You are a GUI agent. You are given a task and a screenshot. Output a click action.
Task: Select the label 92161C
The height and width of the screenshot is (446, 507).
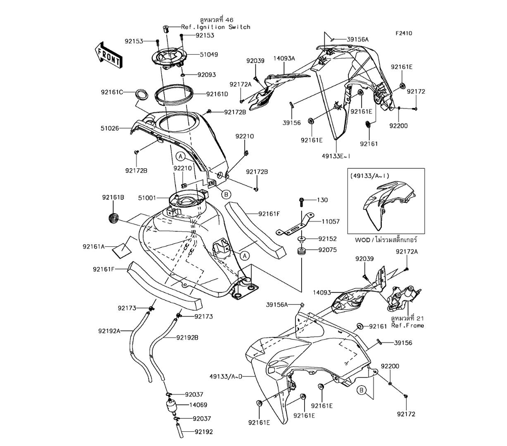pyautogui.click(x=112, y=92)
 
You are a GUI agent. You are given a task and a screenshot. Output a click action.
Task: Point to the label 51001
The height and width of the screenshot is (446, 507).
pyautogui.click(x=151, y=198)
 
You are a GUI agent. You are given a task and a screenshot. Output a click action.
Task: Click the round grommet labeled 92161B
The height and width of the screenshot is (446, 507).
pyautogui.click(x=114, y=219)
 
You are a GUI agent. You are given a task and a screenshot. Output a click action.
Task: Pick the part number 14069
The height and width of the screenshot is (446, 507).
pyautogui.click(x=198, y=405)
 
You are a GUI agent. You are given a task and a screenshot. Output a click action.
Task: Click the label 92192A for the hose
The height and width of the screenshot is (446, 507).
pyautogui.click(x=109, y=331)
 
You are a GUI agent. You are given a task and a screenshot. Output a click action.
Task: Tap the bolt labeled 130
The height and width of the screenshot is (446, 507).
pyautogui.click(x=302, y=202)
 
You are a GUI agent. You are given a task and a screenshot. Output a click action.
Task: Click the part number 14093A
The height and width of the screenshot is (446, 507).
pyautogui.click(x=285, y=59)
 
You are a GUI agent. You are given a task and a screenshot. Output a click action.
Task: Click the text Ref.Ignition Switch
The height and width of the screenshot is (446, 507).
pyautogui.click(x=216, y=27)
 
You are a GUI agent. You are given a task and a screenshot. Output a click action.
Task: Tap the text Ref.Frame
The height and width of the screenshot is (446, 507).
pyautogui.click(x=408, y=325)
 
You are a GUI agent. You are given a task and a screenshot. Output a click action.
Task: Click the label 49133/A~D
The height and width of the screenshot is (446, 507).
pyautogui.click(x=226, y=376)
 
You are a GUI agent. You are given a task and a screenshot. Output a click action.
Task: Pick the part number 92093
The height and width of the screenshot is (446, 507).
pyautogui.click(x=206, y=75)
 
